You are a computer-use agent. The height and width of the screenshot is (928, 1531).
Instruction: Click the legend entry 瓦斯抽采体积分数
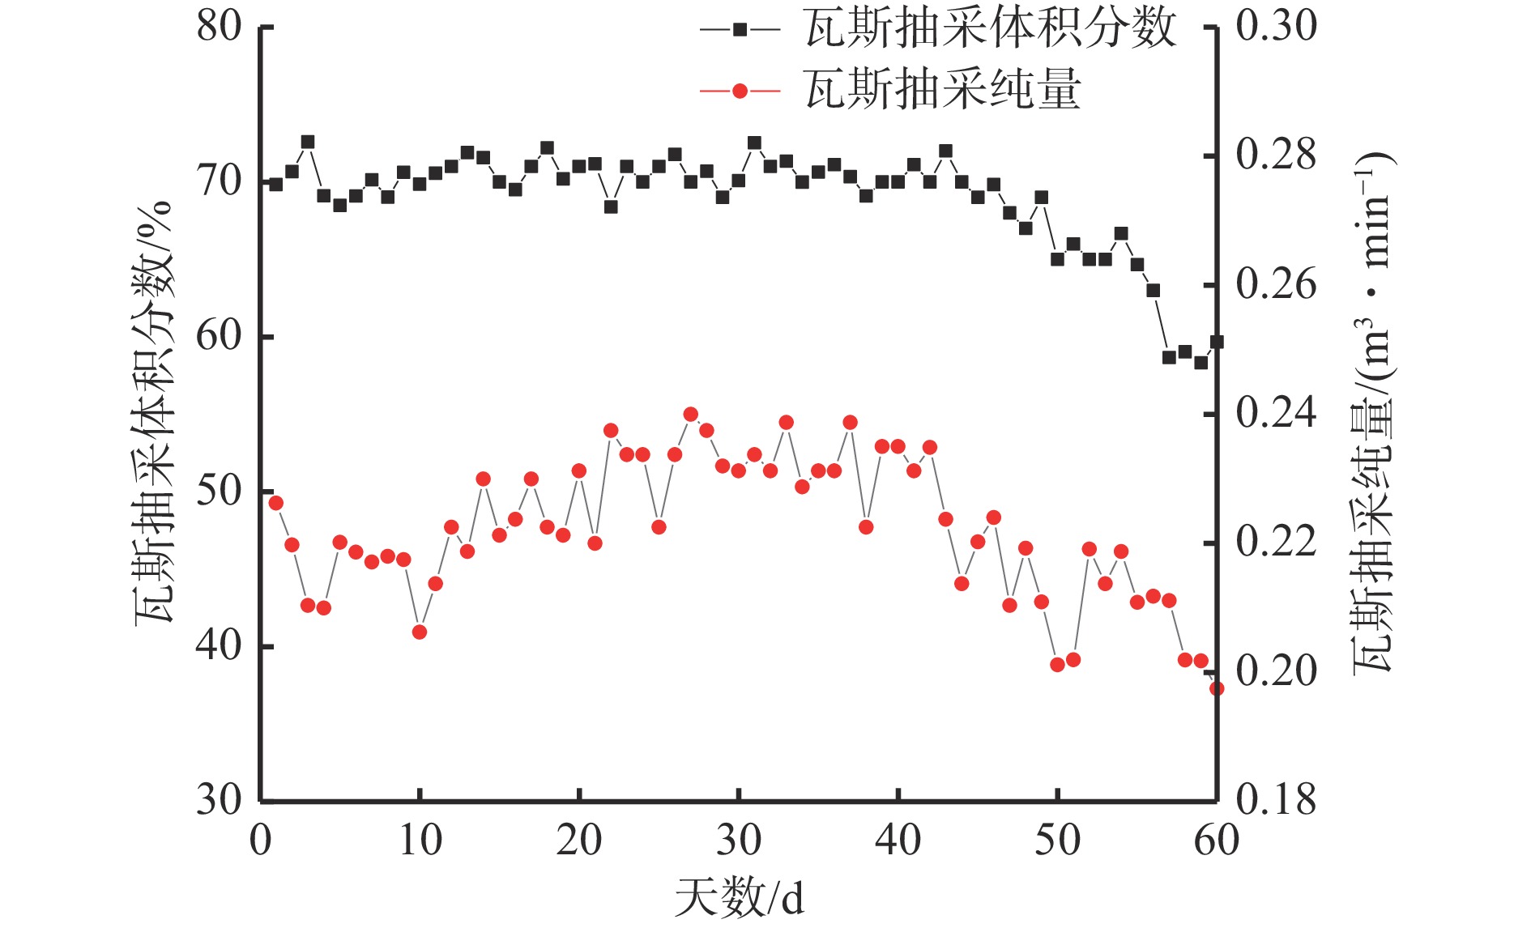[x=990, y=29]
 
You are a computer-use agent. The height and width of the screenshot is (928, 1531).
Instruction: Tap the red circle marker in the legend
[x=740, y=91]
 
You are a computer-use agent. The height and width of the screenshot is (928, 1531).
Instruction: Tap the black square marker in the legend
[x=740, y=29]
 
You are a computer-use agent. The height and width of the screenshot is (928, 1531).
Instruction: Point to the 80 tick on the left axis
[x=220, y=26]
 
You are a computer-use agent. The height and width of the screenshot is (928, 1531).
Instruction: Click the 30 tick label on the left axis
[x=220, y=799]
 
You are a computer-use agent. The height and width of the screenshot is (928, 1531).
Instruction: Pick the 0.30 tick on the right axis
[x=1276, y=26]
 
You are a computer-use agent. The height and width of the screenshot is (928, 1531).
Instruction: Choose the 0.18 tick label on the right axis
[x=1276, y=799]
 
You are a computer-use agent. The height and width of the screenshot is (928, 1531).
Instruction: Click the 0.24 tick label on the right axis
[x=1276, y=413]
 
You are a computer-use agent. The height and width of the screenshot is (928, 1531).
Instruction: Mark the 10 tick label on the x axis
[x=420, y=840]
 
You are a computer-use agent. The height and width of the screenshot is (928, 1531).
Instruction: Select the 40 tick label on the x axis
[x=898, y=840]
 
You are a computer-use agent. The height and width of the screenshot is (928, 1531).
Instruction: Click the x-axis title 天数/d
[x=739, y=897]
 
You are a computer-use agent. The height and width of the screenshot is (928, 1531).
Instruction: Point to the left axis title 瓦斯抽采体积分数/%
[x=154, y=413]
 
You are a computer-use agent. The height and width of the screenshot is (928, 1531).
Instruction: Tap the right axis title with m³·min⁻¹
[x=1374, y=413]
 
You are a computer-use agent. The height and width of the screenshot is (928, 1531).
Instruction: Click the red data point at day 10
[x=420, y=632]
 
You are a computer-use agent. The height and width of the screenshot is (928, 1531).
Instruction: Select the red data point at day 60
[x=1216, y=688]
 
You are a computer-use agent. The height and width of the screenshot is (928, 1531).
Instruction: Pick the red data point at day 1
[x=276, y=503]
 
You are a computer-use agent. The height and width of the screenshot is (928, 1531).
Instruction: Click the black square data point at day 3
[x=308, y=142]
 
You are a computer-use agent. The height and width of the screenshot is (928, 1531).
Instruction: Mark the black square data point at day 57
[x=1169, y=357]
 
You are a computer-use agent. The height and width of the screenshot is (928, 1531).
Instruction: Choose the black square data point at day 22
[x=611, y=206]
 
